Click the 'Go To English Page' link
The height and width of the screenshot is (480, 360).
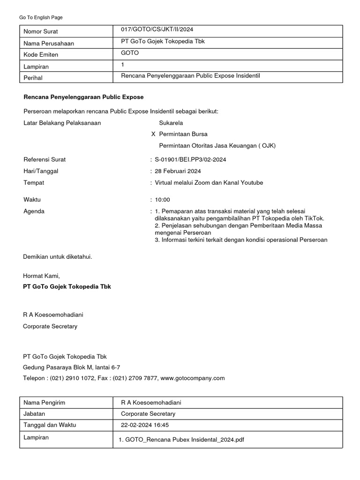[x=41, y=17]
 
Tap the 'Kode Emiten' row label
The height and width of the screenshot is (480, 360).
[x=41, y=55]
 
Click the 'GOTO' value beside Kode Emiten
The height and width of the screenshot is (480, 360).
[x=130, y=53]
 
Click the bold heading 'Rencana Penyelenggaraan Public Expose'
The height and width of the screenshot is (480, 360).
[x=83, y=97]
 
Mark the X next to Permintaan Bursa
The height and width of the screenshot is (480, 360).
[x=153, y=134]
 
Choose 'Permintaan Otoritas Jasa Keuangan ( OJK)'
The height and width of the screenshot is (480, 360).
[x=217, y=145]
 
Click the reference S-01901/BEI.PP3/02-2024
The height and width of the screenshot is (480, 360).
[x=190, y=160]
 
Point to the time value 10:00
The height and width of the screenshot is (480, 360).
[x=162, y=200]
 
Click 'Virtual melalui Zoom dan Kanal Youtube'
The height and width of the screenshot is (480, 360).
[x=209, y=183]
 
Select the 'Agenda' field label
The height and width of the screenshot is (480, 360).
[x=34, y=211]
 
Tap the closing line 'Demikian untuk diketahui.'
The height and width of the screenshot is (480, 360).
[x=58, y=256]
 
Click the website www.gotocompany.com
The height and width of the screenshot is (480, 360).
[x=193, y=378]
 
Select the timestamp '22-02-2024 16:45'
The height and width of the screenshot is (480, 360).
[x=145, y=425]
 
